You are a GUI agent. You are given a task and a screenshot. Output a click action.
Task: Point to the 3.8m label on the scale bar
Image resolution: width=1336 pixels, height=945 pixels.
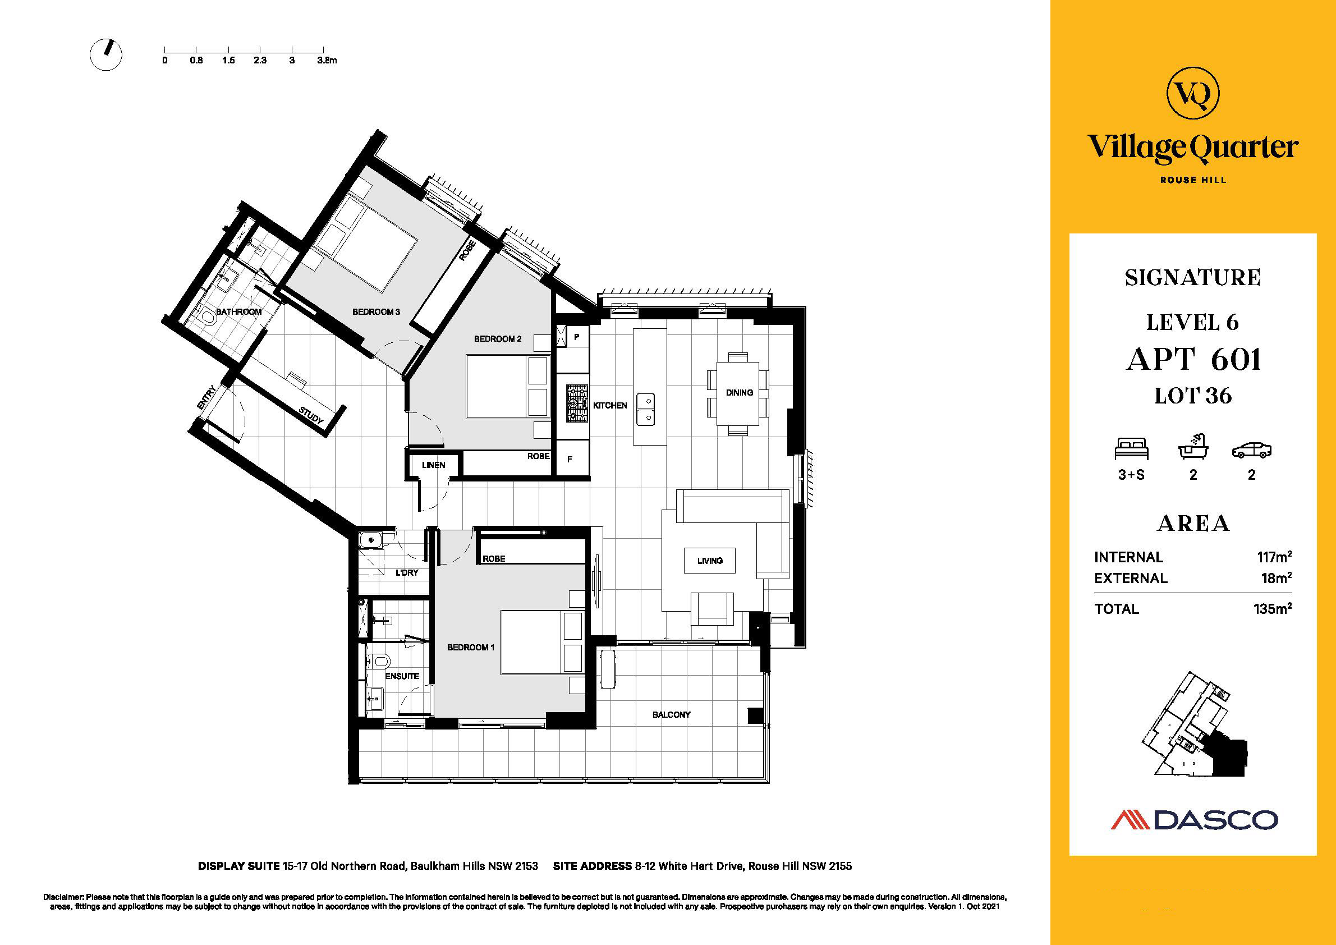(327, 60)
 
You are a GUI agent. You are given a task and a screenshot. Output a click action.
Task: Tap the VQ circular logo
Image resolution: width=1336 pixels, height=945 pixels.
(1193, 93)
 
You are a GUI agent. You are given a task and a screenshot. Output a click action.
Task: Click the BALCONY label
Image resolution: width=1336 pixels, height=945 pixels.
(671, 714)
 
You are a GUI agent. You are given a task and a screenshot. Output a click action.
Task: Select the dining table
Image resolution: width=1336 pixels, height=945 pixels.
(737, 394)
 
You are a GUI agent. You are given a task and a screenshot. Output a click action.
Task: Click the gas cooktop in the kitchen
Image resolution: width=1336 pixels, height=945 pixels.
(577, 402)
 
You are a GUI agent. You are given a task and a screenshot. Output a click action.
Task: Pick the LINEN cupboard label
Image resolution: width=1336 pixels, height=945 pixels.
(434, 465)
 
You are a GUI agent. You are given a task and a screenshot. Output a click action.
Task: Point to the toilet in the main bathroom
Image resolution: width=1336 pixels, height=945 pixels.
(206, 318)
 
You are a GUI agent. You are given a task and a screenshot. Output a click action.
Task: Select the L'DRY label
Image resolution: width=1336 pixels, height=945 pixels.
(407, 572)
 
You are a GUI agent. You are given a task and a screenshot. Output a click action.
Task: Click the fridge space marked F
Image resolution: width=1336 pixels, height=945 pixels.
(570, 459)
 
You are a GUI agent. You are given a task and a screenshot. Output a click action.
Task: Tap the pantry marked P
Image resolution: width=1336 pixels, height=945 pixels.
(577, 337)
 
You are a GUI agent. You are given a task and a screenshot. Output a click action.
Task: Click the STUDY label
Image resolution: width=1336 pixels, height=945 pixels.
(311, 415)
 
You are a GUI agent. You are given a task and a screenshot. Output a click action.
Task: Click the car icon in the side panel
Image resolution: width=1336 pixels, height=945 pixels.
(1252, 451)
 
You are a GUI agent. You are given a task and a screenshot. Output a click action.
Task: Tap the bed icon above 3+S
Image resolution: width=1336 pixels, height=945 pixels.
(1131, 449)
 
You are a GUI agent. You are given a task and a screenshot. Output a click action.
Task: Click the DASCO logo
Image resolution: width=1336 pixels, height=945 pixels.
(1195, 819)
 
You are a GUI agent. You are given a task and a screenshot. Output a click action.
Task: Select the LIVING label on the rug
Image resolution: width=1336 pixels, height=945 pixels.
(710, 561)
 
